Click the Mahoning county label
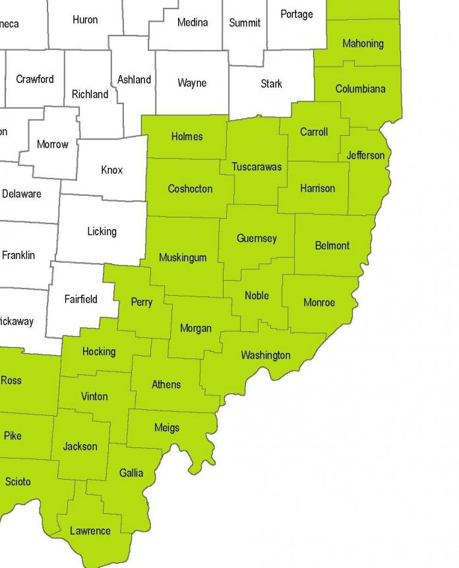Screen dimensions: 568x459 363,43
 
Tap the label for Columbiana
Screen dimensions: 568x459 360,88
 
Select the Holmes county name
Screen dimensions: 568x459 187,137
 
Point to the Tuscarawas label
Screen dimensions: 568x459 257,167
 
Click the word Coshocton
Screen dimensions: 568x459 190,188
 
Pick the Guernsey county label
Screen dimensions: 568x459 257,239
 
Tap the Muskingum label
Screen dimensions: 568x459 183,258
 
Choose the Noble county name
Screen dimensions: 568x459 257,295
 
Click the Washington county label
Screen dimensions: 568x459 265,355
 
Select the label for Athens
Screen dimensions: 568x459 166,384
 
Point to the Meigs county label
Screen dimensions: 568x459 166,427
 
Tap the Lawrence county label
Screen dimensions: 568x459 90,530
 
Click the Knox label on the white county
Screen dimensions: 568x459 112,170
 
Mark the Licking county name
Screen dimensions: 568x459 102,231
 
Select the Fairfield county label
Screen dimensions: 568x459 80,299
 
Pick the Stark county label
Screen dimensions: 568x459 271,84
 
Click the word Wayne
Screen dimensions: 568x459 192,83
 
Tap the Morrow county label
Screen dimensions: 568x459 53,144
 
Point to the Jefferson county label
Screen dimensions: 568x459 365,156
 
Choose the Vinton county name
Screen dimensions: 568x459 94,397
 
